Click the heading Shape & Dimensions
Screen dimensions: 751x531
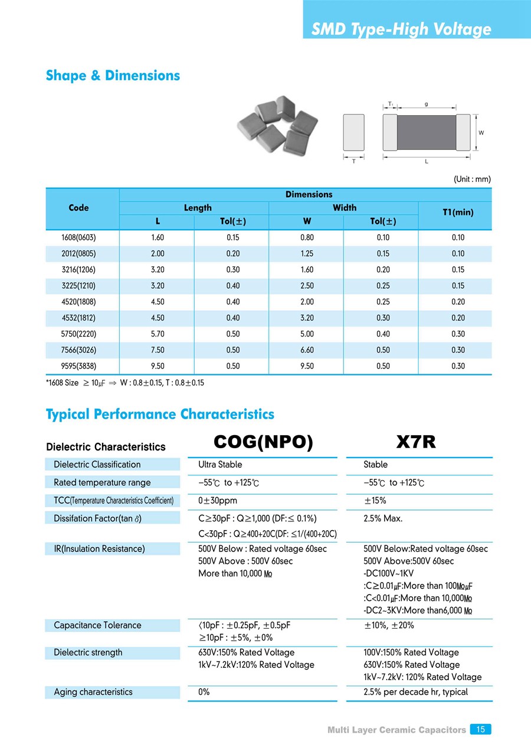pos(113,76)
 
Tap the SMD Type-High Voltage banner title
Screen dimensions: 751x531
pos(401,29)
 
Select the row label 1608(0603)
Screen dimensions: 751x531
pos(78,237)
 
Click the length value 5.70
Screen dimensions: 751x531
pos(157,334)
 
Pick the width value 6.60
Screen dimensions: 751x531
pos(307,350)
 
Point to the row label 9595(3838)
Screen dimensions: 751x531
pos(78,366)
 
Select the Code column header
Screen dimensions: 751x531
pos(78,208)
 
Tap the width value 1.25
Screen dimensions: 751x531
pos(307,253)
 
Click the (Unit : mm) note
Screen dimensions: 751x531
pos(472,179)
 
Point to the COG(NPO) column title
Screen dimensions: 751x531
pos(263,442)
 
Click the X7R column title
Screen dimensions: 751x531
pos(416,442)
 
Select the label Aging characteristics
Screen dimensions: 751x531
pos(93,692)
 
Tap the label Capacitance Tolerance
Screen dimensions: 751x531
pos(97,625)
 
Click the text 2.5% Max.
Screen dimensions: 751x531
pos(383,518)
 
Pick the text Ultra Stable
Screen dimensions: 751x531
pos(220,465)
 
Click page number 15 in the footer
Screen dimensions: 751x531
pos(480,730)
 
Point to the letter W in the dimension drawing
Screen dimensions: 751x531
pos(481,133)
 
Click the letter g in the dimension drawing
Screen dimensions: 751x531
pos(426,104)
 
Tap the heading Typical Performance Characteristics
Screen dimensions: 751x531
pos(160,414)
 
